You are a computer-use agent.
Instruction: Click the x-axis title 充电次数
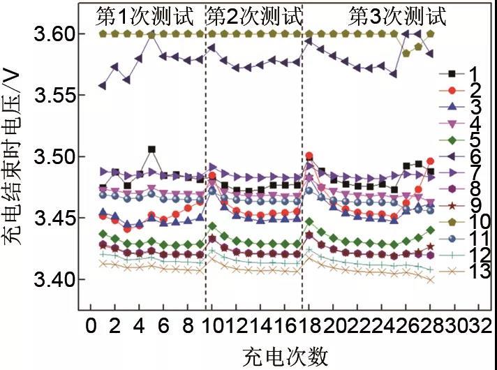[285, 356]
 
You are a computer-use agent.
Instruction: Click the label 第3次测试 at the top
[397, 15]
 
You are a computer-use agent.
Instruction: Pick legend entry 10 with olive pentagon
[464, 222]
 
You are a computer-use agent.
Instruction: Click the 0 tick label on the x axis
[90, 327]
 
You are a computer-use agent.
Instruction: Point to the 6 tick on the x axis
[163, 327]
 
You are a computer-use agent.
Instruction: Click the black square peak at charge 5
[151, 149]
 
